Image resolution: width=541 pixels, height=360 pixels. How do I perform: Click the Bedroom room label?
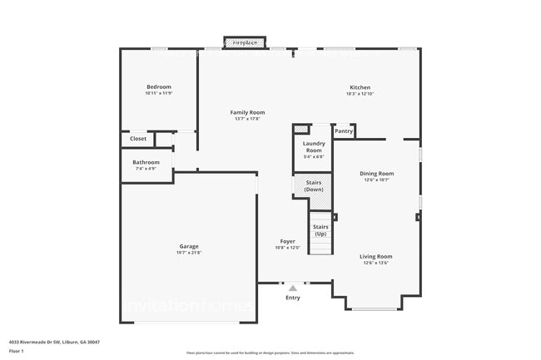(x=158, y=86)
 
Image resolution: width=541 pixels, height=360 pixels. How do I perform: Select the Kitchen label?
(x=360, y=87)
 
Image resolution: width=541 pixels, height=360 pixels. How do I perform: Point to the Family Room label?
(x=247, y=112)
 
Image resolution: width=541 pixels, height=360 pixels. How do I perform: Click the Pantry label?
(x=344, y=131)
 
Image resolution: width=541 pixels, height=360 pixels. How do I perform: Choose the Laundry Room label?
(x=314, y=146)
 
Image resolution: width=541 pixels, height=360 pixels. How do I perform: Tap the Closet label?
(x=138, y=139)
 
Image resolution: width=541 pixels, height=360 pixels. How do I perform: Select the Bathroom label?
(x=146, y=162)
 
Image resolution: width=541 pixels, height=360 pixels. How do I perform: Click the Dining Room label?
(x=375, y=174)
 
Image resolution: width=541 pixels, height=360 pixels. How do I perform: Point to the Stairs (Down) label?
(x=314, y=185)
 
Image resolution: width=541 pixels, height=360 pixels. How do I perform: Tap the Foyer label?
(x=287, y=241)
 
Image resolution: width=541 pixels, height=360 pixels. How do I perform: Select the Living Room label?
(x=375, y=257)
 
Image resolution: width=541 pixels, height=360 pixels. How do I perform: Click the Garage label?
(x=189, y=246)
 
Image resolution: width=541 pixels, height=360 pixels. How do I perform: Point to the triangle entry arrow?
(x=292, y=288)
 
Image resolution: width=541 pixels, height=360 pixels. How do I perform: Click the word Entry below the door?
(x=293, y=298)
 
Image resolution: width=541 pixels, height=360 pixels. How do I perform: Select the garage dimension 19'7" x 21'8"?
(x=189, y=253)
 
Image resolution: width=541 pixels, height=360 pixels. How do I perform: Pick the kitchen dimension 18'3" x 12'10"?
(x=360, y=94)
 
